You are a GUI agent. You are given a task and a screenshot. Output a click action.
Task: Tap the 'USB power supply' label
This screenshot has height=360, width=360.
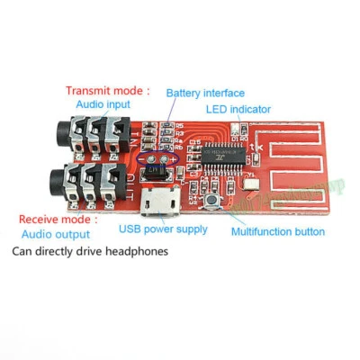tap(162, 229)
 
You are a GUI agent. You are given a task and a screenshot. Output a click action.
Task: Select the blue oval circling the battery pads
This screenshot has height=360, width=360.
tap(157, 158)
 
